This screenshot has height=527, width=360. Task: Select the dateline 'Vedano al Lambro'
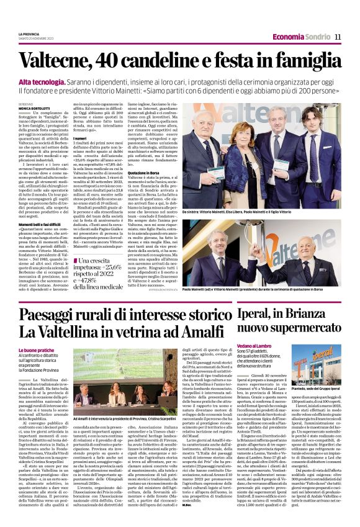point(254,345)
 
